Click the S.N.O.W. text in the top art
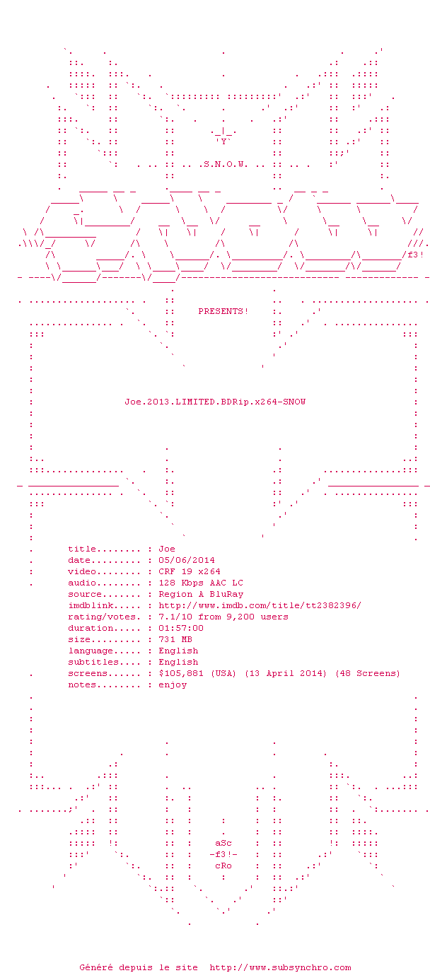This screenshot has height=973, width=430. [226, 164]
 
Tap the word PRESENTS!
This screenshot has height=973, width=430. [223, 311]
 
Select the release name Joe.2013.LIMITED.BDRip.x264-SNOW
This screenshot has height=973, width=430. [215, 402]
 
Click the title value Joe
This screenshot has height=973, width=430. [167, 549]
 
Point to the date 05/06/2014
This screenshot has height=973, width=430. [187, 560]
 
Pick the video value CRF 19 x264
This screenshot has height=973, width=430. [190, 571]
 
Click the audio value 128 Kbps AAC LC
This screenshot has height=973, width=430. [201, 583]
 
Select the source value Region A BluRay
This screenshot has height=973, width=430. [201, 594]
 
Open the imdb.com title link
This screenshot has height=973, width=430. [260, 605]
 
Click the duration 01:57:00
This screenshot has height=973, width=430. [181, 628]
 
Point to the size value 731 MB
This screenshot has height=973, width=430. [175, 639]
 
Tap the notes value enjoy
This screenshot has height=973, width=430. [173, 685]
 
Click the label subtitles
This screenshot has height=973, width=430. [93, 662]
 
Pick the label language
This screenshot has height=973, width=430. [91, 651]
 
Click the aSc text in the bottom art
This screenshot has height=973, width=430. [223, 843]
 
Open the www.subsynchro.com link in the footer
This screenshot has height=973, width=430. [280, 967]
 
